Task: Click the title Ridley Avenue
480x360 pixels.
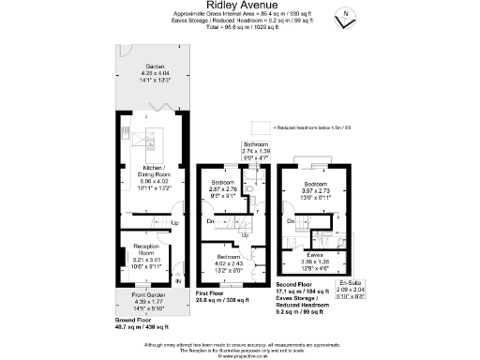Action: [239, 6]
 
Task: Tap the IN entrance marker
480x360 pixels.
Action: [177, 280]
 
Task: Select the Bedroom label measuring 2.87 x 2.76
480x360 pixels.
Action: [223, 181]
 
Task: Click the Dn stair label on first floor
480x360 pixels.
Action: [211, 221]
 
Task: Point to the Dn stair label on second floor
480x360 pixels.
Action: [290, 221]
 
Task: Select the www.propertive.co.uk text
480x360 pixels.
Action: [239, 356]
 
